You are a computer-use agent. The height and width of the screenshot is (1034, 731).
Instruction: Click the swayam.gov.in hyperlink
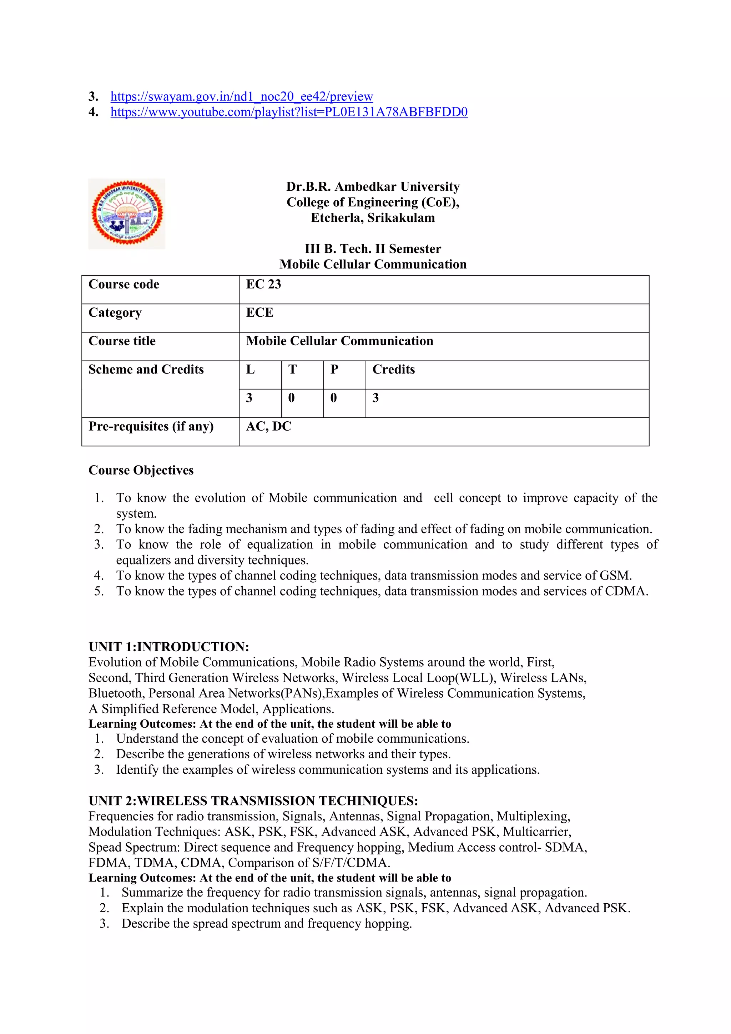tap(242, 96)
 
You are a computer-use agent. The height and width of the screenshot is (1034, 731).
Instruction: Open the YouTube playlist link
tap(289, 112)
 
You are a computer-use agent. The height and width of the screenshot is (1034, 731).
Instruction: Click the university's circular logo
tap(127, 214)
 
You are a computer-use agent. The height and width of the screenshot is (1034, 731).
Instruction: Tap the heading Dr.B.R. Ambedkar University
tap(373, 186)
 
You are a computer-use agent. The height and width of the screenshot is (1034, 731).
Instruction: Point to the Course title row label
tap(122, 341)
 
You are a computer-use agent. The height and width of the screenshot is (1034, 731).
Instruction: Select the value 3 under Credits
tap(375, 398)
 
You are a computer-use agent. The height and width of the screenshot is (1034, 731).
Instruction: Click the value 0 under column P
tap(333, 398)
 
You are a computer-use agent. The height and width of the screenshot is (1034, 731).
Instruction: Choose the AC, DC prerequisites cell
tap(269, 426)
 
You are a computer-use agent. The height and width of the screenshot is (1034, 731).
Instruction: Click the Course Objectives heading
tap(141, 470)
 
